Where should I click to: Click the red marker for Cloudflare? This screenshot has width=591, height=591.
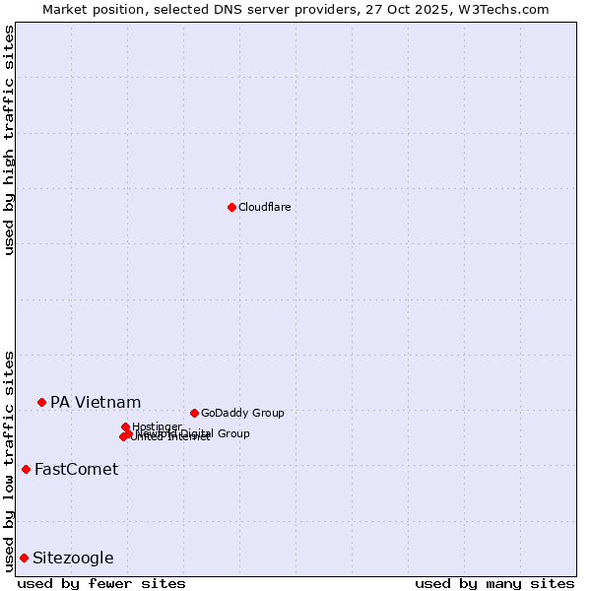(x=231, y=207)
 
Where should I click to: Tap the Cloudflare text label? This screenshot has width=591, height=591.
(x=264, y=207)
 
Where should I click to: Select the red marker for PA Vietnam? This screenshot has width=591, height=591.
(x=41, y=402)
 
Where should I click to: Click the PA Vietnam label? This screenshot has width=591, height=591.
(x=96, y=402)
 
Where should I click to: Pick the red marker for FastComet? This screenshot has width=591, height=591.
(x=26, y=469)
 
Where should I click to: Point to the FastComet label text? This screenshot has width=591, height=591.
(x=76, y=469)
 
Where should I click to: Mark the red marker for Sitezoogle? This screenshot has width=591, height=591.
(x=24, y=558)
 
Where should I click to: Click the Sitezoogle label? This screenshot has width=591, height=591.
(x=73, y=558)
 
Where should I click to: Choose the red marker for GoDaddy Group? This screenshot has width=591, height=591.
(x=194, y=413)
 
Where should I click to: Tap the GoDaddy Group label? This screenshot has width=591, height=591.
(x=242, y=413)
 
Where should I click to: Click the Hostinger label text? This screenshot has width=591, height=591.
(x=157, y=427)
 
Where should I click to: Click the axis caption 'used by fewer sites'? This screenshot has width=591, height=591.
(x=101, y=583)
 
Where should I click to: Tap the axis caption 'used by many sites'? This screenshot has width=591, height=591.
(x=494, y=583)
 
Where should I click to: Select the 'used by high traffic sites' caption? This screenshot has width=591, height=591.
(x=9, y=140)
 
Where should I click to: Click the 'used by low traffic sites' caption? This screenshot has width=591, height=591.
(x=9, y=461)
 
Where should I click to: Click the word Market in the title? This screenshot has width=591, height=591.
(x=64, y=9)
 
